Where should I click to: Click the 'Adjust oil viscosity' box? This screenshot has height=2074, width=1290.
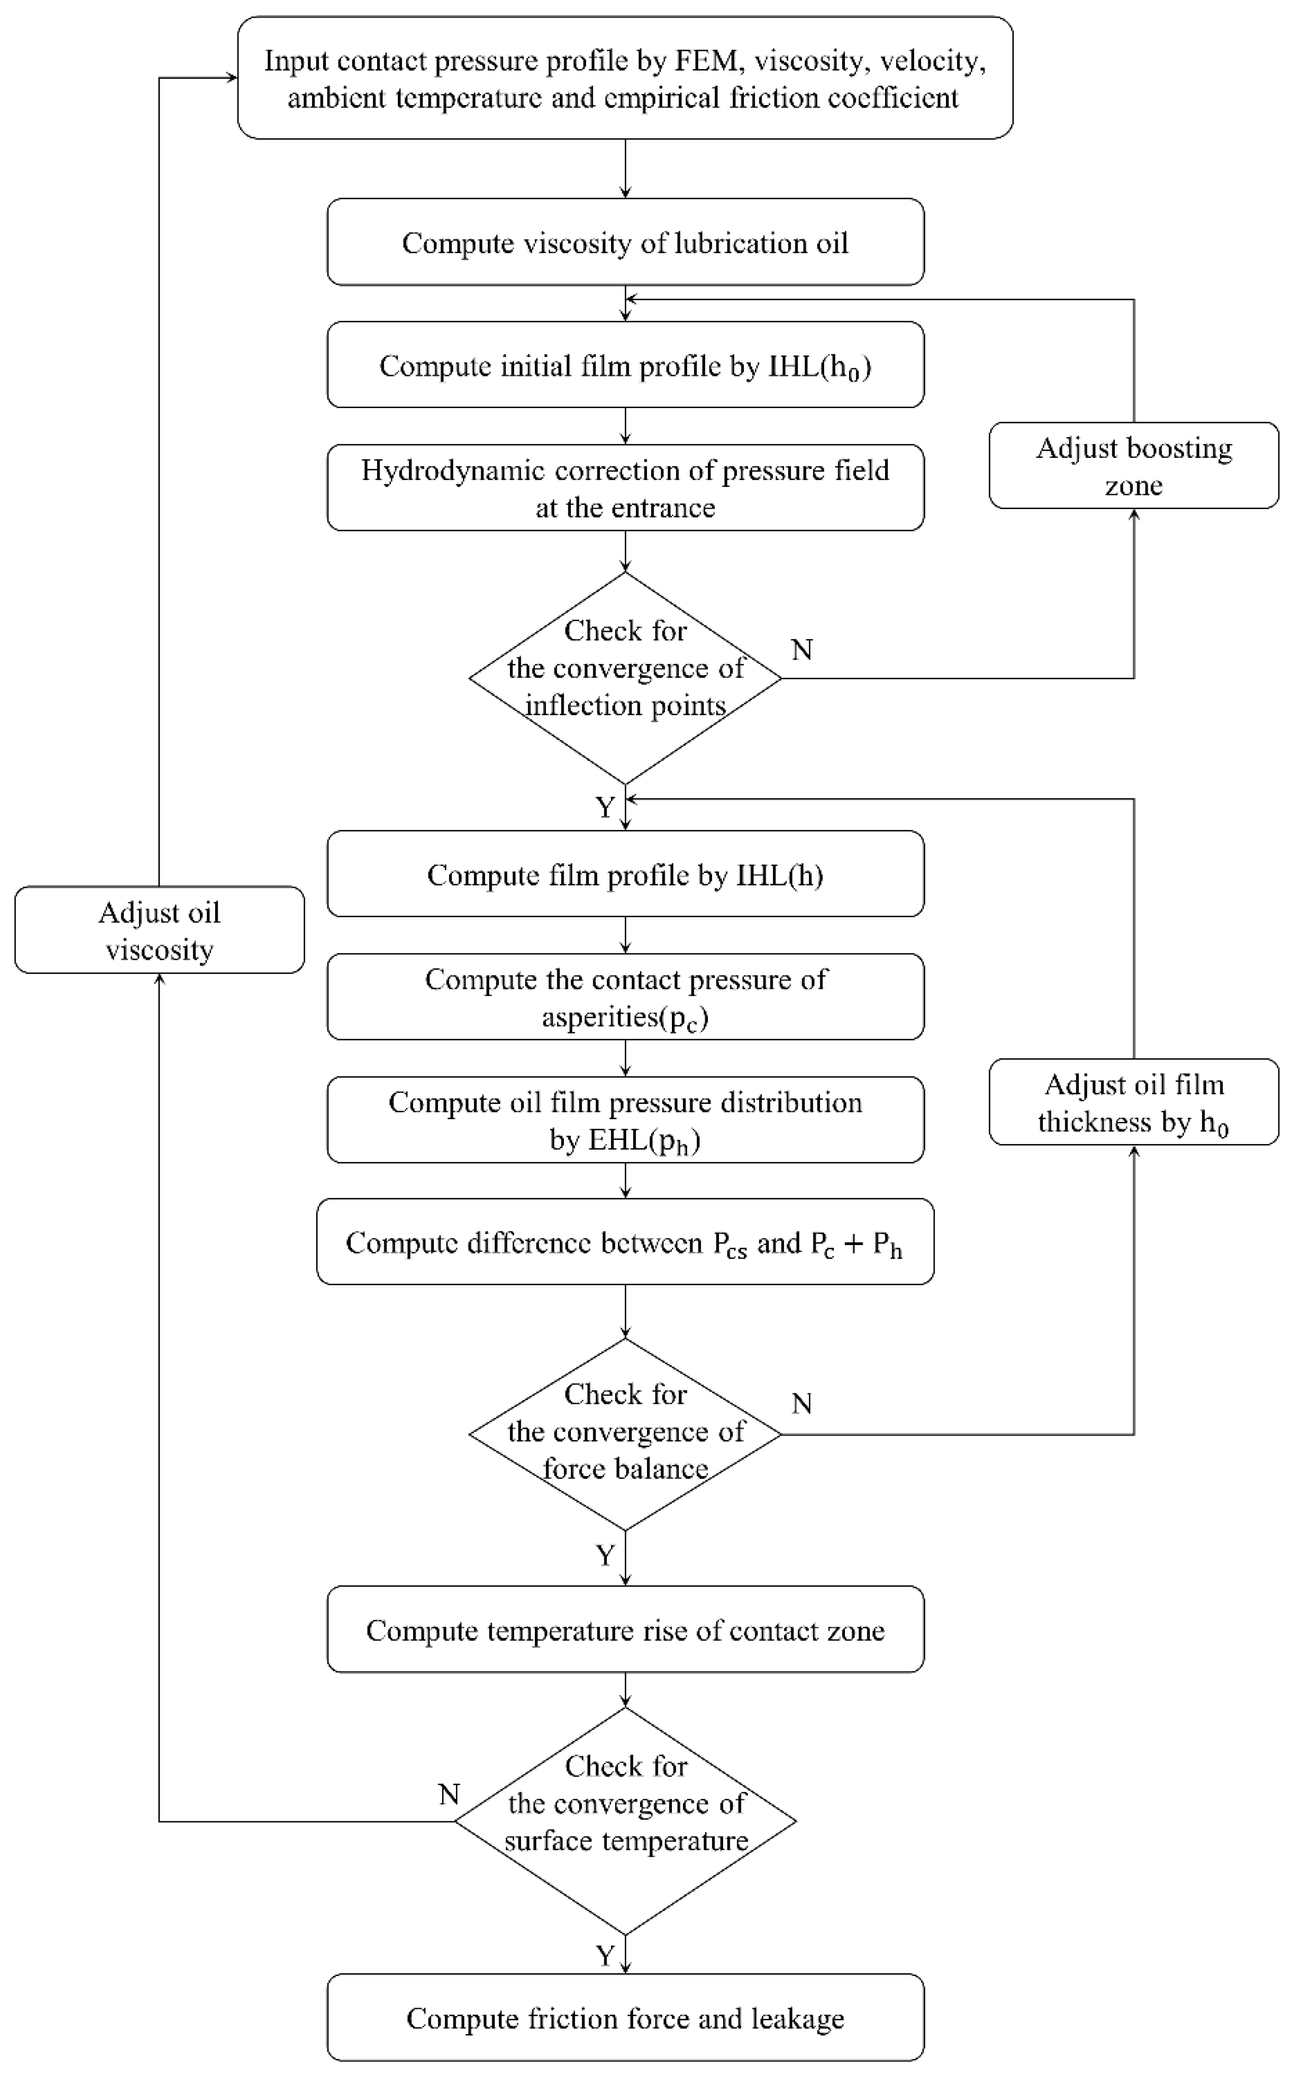click(x=159, y=930)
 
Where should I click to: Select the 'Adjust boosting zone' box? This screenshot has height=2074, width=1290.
click(x=1133, y=466)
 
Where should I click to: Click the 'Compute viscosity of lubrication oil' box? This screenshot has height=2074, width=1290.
click(x=625, y=242)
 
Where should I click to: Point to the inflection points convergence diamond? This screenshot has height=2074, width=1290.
click(x=625, y=678)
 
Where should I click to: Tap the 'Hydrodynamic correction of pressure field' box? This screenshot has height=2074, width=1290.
click(x=625, y=488)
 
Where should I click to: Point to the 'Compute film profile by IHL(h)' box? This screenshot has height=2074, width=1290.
click(x=625, y=875)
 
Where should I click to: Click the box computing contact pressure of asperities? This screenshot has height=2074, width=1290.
click(x=625, y=996)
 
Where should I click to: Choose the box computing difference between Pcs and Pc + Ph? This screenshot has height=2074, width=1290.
click(x=625, y=1242)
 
